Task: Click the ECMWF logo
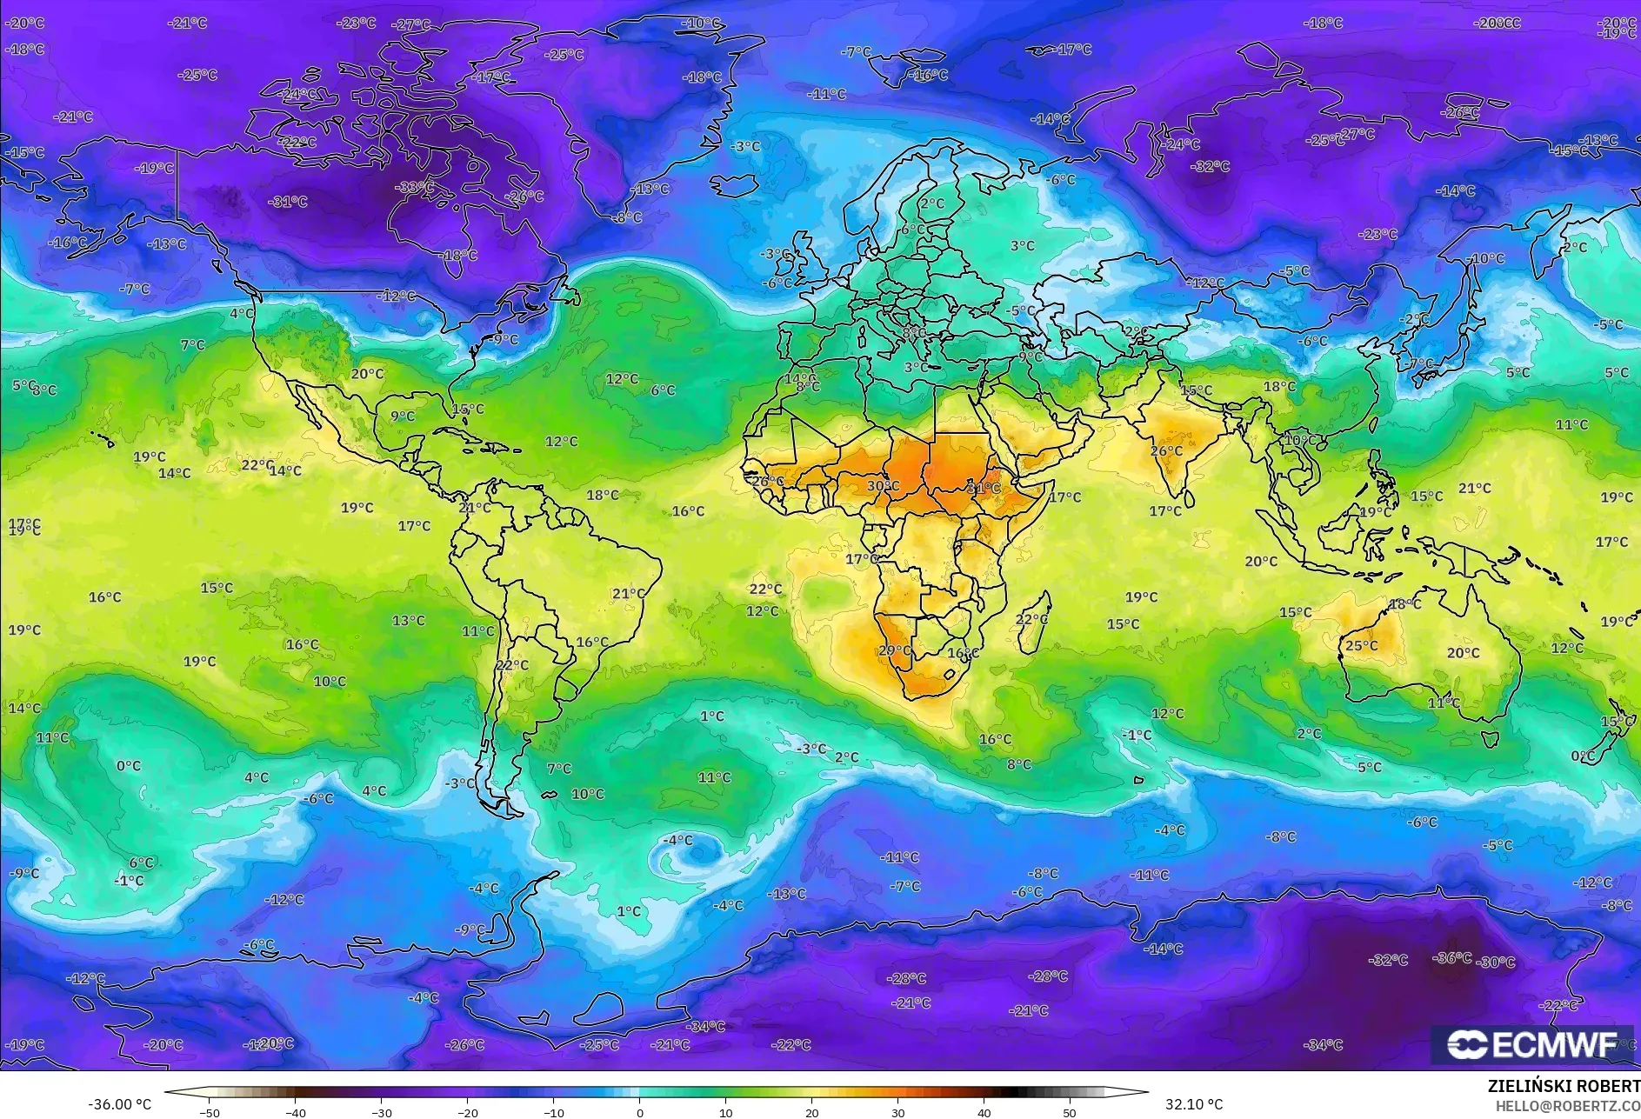click(1532, 1044)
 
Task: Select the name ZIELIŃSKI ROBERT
click(1564, 1086)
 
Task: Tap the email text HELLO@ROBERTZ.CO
click(1567, 1105)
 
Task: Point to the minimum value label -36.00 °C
click(119, 1104)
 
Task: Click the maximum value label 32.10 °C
click(1194, 1104)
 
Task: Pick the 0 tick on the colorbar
click(640, 1112)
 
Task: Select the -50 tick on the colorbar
click(210, 1112)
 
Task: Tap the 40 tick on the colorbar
click(984, 1112)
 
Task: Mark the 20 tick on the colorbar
click(811, 1112)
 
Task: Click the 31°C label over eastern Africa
click(984, 488)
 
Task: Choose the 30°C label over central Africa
click(883, 486)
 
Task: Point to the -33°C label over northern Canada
click(414, 187)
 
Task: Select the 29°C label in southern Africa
click(895, 650)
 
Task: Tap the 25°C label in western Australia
click(1361, 645)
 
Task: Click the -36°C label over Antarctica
click(1452, 957)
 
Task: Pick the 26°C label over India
click(1166, 451)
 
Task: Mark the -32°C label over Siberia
click(1211, 166)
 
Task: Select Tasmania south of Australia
click(1490, 739)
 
